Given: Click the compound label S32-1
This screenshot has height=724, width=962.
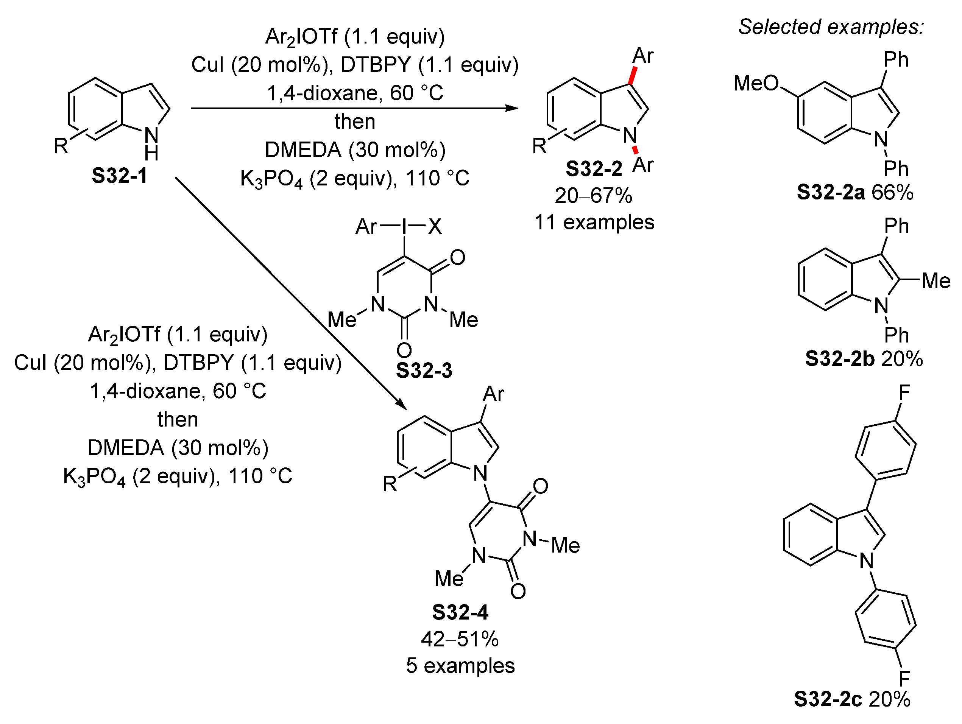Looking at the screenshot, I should pos(120,176).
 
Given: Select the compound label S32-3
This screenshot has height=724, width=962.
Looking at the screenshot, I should pos(424,371).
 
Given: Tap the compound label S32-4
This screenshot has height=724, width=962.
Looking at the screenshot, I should pos(460,612).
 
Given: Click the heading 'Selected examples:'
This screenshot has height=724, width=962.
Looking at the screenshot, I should pos(831,27).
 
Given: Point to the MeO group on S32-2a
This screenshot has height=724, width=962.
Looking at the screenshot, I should pos(756,83).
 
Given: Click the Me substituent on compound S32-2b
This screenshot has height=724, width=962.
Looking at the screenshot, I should pos(936,280).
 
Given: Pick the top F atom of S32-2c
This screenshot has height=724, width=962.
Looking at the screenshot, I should pos(904,393).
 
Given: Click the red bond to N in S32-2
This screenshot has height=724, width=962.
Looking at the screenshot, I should pos(635,150).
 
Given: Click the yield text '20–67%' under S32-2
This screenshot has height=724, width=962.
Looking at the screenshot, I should pos(593,196).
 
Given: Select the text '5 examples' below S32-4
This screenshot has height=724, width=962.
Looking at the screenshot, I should pos(460,666).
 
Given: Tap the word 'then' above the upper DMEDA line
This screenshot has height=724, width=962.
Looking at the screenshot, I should pos(355,121).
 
